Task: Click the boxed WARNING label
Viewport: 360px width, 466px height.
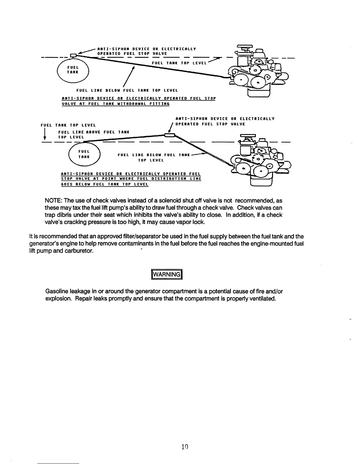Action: (x=167, y=274)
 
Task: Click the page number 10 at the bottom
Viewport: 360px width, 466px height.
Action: (x=184, y=447)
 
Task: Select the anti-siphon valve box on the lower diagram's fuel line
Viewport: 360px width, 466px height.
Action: (x=170, y=135)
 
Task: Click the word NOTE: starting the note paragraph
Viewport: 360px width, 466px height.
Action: (x=54, y=201)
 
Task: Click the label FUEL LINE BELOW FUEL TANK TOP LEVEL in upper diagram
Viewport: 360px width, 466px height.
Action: (x=127, y=90)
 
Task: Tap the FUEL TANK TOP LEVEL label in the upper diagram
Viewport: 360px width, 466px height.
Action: (x=179, y=63)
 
